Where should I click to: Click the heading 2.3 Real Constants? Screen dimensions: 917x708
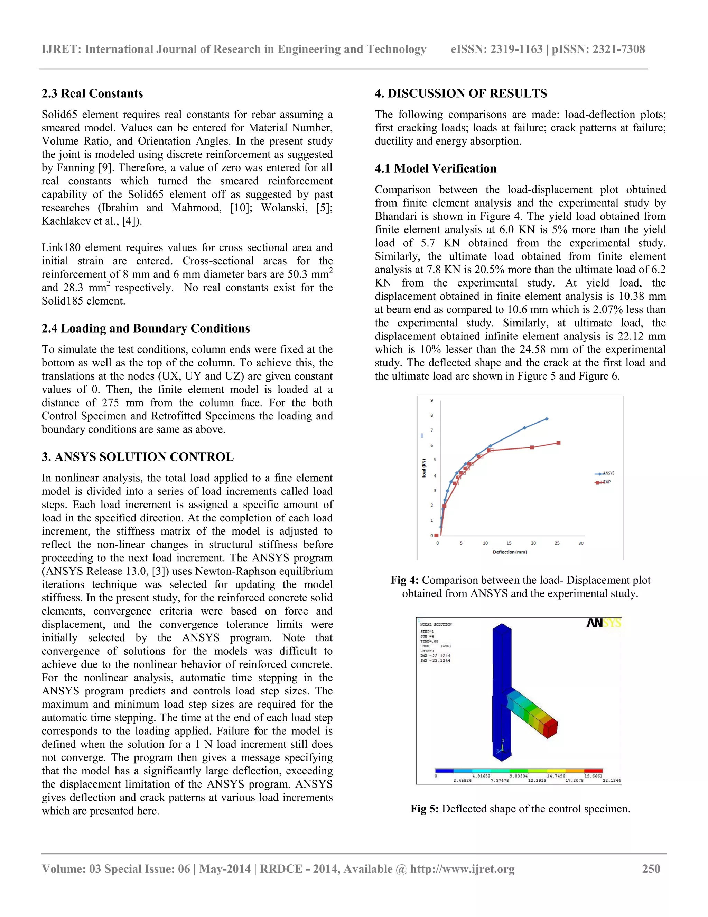click(92, 93)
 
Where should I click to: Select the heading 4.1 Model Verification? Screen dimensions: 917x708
click(435, 169)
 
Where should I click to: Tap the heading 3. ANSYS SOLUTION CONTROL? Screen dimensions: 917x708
click(138, 457)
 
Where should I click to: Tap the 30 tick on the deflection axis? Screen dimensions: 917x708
click(581, 543)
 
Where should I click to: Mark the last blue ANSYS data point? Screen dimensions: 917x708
click(547, 419)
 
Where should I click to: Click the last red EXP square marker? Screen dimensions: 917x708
click(558, 443)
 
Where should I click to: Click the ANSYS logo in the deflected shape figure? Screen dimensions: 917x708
click(603, 623)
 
